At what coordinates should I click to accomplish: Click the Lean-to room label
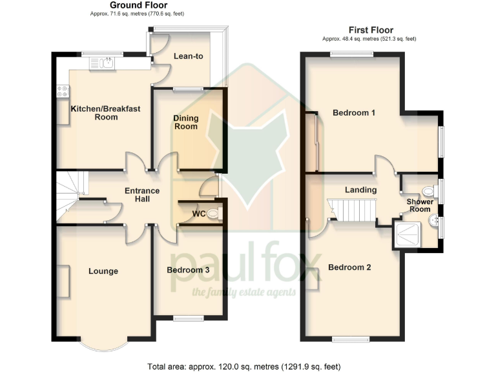189,56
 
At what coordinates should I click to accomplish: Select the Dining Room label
185,122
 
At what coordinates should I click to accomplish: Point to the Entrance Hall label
141,195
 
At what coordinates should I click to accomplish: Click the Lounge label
103,271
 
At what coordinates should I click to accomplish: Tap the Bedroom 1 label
354,113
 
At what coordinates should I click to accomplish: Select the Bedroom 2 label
349,267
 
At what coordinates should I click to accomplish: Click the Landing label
360,190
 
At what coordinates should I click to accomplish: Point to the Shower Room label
419,205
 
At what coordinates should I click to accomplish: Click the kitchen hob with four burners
63,92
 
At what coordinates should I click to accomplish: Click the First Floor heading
371,30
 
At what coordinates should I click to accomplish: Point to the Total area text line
244,366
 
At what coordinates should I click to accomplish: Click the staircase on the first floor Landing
348,209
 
